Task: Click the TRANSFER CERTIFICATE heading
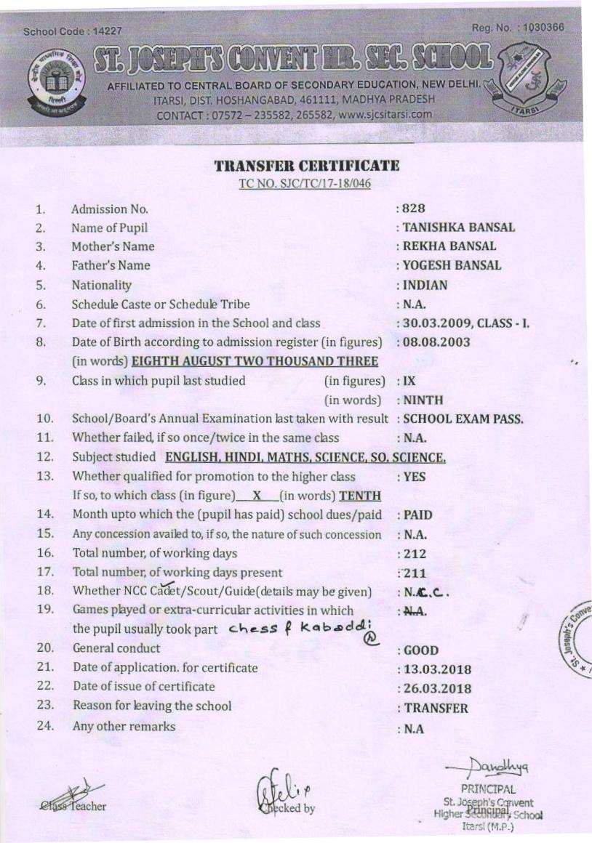306,166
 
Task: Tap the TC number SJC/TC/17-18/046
305,183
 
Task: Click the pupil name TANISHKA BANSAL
458,227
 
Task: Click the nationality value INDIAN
426,285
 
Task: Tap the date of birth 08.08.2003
436,342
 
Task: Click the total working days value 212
415,554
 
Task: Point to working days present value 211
415,573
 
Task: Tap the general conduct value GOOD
422,651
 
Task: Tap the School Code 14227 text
73,32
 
